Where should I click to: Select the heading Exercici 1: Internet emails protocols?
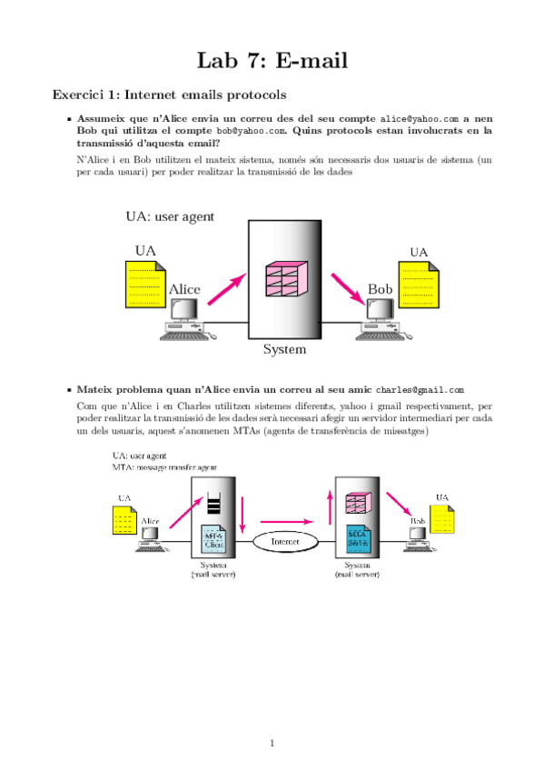(x=169, y=95)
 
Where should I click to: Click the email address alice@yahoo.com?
(x=419, y=119)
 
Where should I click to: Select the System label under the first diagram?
(x=284, y=349)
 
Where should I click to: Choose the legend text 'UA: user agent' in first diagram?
(x=170, y=216)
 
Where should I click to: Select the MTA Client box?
(x=213, y=540)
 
